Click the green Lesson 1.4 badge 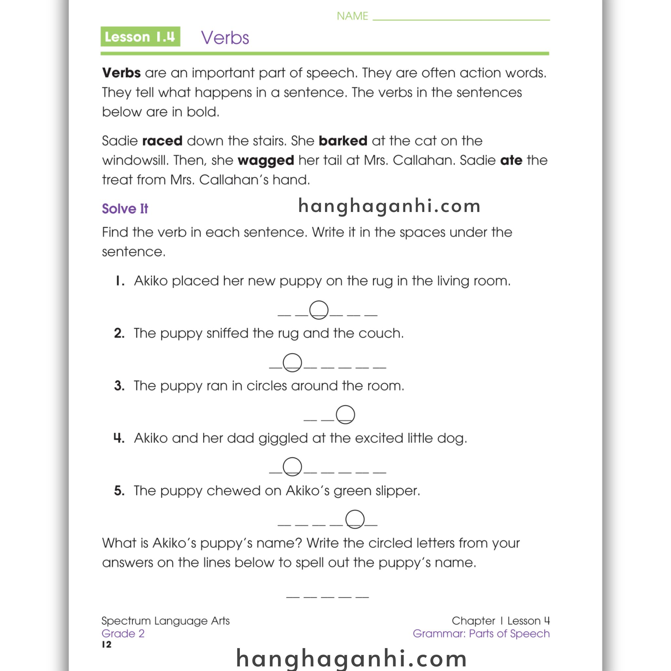pos(140,36)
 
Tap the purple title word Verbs pos(225,37)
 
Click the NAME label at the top pos(352,16)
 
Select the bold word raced pos(162,141)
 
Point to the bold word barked pos(343,141)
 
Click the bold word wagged pos(266,161)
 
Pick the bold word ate pos(511,161)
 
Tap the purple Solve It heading pos(125,209)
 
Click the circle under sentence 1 pos(318,310)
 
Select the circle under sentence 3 pos(345,414)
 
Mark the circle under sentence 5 pos(355,519)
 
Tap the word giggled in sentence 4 pos(283,438)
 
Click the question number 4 pos(119,438)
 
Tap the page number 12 pos(106,644)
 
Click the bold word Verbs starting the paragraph pos(122,73)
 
